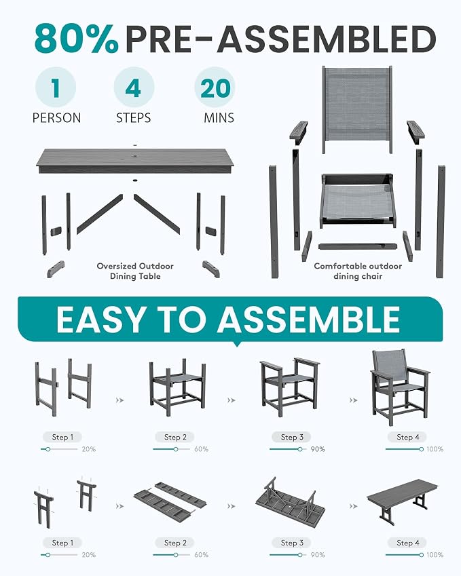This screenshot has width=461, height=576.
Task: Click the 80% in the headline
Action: pos(77,39)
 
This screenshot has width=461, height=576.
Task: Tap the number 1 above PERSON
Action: pos(56,88)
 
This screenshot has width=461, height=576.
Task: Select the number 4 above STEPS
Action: pos(133,88)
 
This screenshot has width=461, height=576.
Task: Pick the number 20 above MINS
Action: pos(215,88)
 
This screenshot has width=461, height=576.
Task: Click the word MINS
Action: pos(219,118)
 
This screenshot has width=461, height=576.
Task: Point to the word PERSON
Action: pos(56,118)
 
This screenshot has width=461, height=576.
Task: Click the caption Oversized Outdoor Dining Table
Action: pos(135,271)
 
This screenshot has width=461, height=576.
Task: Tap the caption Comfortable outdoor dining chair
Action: pos(358,271)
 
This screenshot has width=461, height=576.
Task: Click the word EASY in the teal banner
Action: pos(100,320)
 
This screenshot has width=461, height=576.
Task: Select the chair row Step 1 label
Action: pos(62,437)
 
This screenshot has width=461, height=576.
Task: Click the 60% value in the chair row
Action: pos(201,449)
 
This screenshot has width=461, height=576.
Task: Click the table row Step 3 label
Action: pos(292,543)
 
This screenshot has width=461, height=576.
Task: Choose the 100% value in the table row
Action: pos(435,555)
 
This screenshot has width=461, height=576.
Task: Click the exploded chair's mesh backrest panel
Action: pos(357,109)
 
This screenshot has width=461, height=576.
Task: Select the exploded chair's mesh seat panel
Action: pos(357,200)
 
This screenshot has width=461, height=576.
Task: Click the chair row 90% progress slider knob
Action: pos(300,449)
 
